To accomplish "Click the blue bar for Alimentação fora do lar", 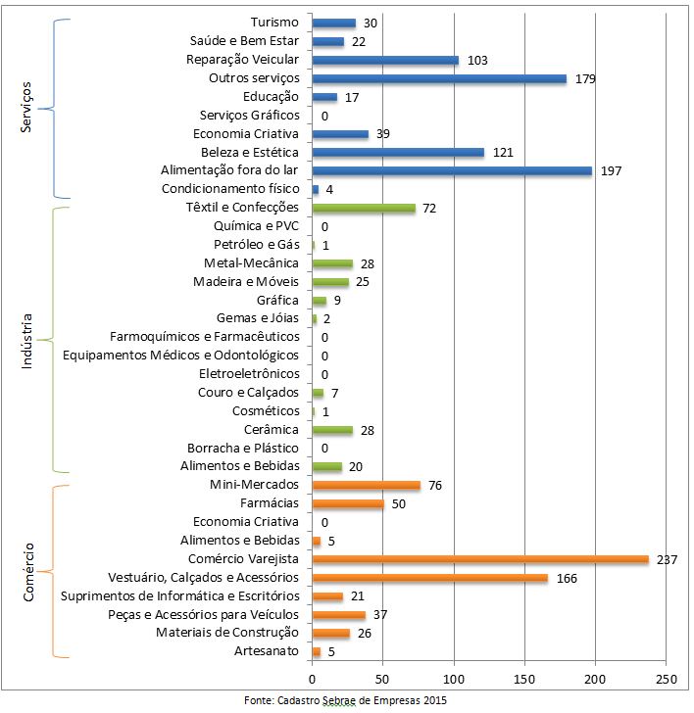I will coord(451,170).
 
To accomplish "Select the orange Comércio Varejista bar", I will coord(480,559).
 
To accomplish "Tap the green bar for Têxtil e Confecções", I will coord(363,208).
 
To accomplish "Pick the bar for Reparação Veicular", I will coord(384,60).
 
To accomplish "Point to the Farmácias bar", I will coord(347,503).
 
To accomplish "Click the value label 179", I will coord(586,78).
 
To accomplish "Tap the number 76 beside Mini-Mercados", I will coord(436,485).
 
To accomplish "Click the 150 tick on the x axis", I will coord(524,678).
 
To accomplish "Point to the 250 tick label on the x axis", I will coord(666,678).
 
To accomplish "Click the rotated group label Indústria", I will coord(26,341).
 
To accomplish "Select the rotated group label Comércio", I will coord(26,571).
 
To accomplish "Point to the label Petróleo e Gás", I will coord(256,245).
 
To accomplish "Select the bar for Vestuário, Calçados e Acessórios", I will coord(429,578).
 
